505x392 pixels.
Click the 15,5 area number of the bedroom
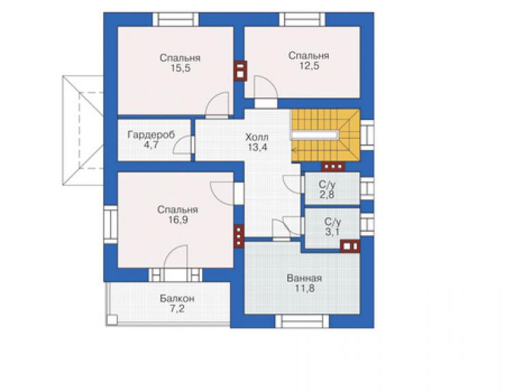(180, 68)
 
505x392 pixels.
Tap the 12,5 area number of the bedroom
(309, 66)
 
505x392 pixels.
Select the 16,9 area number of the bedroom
(178, 220)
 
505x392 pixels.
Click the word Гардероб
(151, 134)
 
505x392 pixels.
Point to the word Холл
(257, 138)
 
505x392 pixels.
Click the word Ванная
(304, 278)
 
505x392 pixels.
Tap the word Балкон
(177, 299)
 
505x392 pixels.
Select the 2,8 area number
(327, 195)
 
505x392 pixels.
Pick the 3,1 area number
(332, 232)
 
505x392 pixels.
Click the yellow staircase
(326, 135)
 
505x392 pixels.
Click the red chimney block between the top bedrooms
(240, 71)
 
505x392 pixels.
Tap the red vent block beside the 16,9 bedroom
(239, 236)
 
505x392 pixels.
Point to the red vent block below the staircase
(333, 167)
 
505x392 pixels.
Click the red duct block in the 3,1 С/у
(350, 247)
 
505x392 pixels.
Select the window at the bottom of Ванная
(302, 321)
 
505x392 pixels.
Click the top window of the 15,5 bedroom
(175, 19)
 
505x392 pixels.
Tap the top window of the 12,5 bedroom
(302, 19)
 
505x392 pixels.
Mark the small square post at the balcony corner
(112, 320)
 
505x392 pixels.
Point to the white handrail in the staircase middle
(315, 135)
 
